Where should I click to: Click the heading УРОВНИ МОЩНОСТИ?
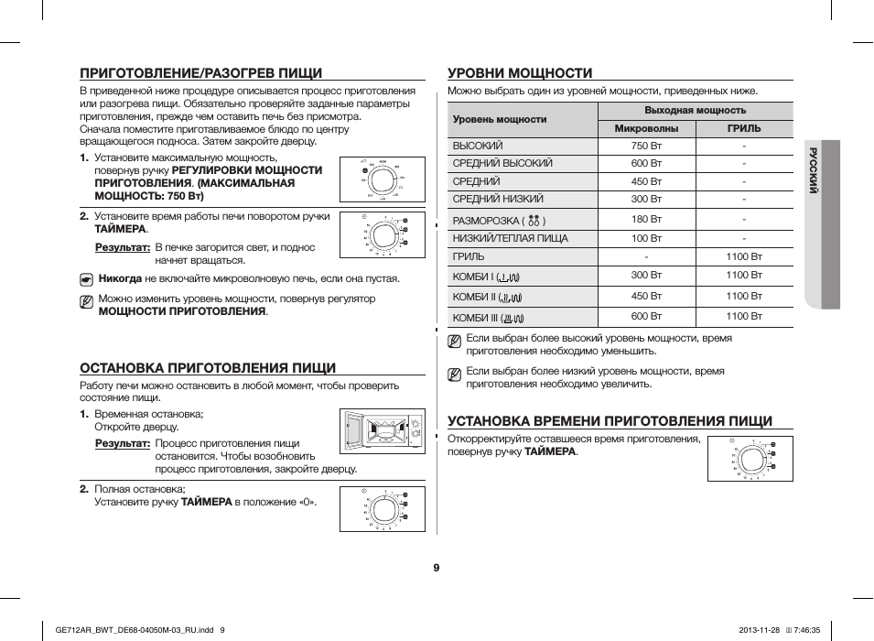(x=520, y=73)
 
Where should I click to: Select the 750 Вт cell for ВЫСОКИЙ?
(x=646, y=146)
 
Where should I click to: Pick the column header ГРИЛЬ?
(x=743, y=129)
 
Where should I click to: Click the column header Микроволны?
(x=646, y=129)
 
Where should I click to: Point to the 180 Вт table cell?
(x=646, y=220)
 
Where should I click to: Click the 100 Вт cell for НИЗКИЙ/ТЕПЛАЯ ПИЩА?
(x=646, y=239)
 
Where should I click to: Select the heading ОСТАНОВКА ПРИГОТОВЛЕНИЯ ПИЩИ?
(x=208, y=367)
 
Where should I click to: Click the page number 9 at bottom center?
(x=437, y=568)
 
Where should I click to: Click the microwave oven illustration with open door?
(x=382, y=431)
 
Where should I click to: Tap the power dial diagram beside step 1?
(x=382, y=179)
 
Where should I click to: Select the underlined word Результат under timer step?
(x=123, y=247)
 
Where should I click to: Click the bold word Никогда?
(x=120, y=278)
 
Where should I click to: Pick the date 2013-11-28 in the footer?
(x=756, y=629)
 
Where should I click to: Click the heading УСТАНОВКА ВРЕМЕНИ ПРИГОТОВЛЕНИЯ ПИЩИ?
(x=610, y=421)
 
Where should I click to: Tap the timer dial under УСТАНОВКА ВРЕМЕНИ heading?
(x=754, y=458)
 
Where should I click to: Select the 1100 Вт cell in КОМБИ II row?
(x=743, y=296)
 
